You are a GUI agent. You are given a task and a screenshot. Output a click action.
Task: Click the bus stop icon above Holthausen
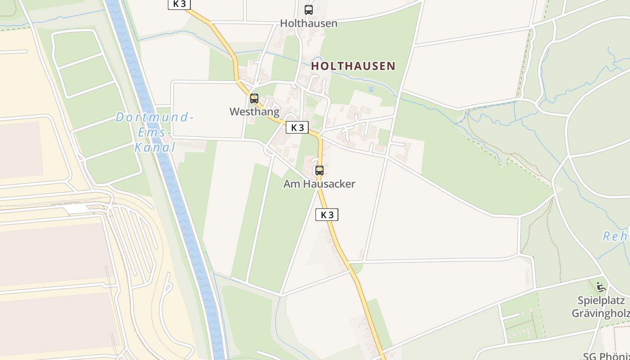click(309, 9)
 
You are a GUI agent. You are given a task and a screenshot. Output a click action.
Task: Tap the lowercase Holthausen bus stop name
click(309, 23)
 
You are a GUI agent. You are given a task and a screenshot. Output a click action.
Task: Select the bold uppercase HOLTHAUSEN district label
click(353, 66)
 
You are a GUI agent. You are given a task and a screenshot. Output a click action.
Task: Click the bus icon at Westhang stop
click(254, 98)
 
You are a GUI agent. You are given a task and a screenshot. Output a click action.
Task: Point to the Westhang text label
click(254, 112)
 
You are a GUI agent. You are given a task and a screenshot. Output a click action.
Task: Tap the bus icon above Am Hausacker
click(319, 171)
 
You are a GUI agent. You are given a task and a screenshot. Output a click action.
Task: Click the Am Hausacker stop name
click(319, 184)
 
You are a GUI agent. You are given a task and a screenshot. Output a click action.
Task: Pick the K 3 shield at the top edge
click(179, 4)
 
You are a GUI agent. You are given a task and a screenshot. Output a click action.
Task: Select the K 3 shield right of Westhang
click(297, 127)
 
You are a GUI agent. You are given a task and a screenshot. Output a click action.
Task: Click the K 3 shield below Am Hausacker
click(327, 215)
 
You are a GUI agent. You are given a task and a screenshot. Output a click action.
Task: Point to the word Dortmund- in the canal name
click(154, 118)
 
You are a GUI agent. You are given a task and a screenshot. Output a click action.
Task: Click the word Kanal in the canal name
click(155, 147)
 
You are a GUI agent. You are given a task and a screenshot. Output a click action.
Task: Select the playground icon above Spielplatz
click(600, 286)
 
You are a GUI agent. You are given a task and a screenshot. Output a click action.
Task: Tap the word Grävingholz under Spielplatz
click(601, 313)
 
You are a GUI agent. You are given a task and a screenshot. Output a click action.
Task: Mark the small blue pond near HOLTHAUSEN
click(371, 89)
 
